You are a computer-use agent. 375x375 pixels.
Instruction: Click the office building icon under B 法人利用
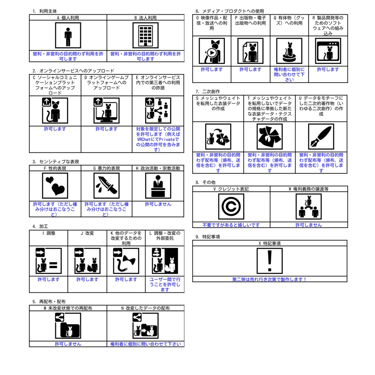[x=145, y=36]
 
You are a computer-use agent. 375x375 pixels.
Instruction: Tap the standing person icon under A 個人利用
[x=68, y=36]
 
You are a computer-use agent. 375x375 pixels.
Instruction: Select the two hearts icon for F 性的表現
[x=55, y=186]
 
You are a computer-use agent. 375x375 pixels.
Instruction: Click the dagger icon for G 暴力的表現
[x=107, y=186]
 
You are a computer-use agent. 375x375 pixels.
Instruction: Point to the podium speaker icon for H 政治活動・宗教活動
[x=158, y=186]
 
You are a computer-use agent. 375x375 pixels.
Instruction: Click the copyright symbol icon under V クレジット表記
[x=231, y=207]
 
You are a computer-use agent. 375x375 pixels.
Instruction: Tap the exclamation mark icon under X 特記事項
[x=270, y=261]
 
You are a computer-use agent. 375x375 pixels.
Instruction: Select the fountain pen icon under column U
[x=321, y=137]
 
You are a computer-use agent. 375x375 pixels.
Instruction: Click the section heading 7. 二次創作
[x=208, y=92]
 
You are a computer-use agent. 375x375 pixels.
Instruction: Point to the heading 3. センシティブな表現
[x=56, y=161]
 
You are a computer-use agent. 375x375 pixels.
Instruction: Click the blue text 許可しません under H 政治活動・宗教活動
[x=158, y=204]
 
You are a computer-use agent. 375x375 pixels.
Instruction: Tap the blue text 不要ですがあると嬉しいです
[x=231, y=225]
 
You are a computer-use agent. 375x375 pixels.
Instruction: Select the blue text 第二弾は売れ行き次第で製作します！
[x=270, y=279]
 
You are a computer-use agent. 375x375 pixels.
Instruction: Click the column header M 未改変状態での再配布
[x=68, y=308]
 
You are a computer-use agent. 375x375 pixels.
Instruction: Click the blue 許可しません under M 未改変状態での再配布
[x=68, y=344]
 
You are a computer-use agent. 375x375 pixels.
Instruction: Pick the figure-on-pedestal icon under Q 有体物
[x=289, y=51]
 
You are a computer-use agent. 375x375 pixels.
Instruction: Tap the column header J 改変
[x=87, y=233]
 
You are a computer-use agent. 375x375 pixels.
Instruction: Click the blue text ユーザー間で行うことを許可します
[x=165, y=285]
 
